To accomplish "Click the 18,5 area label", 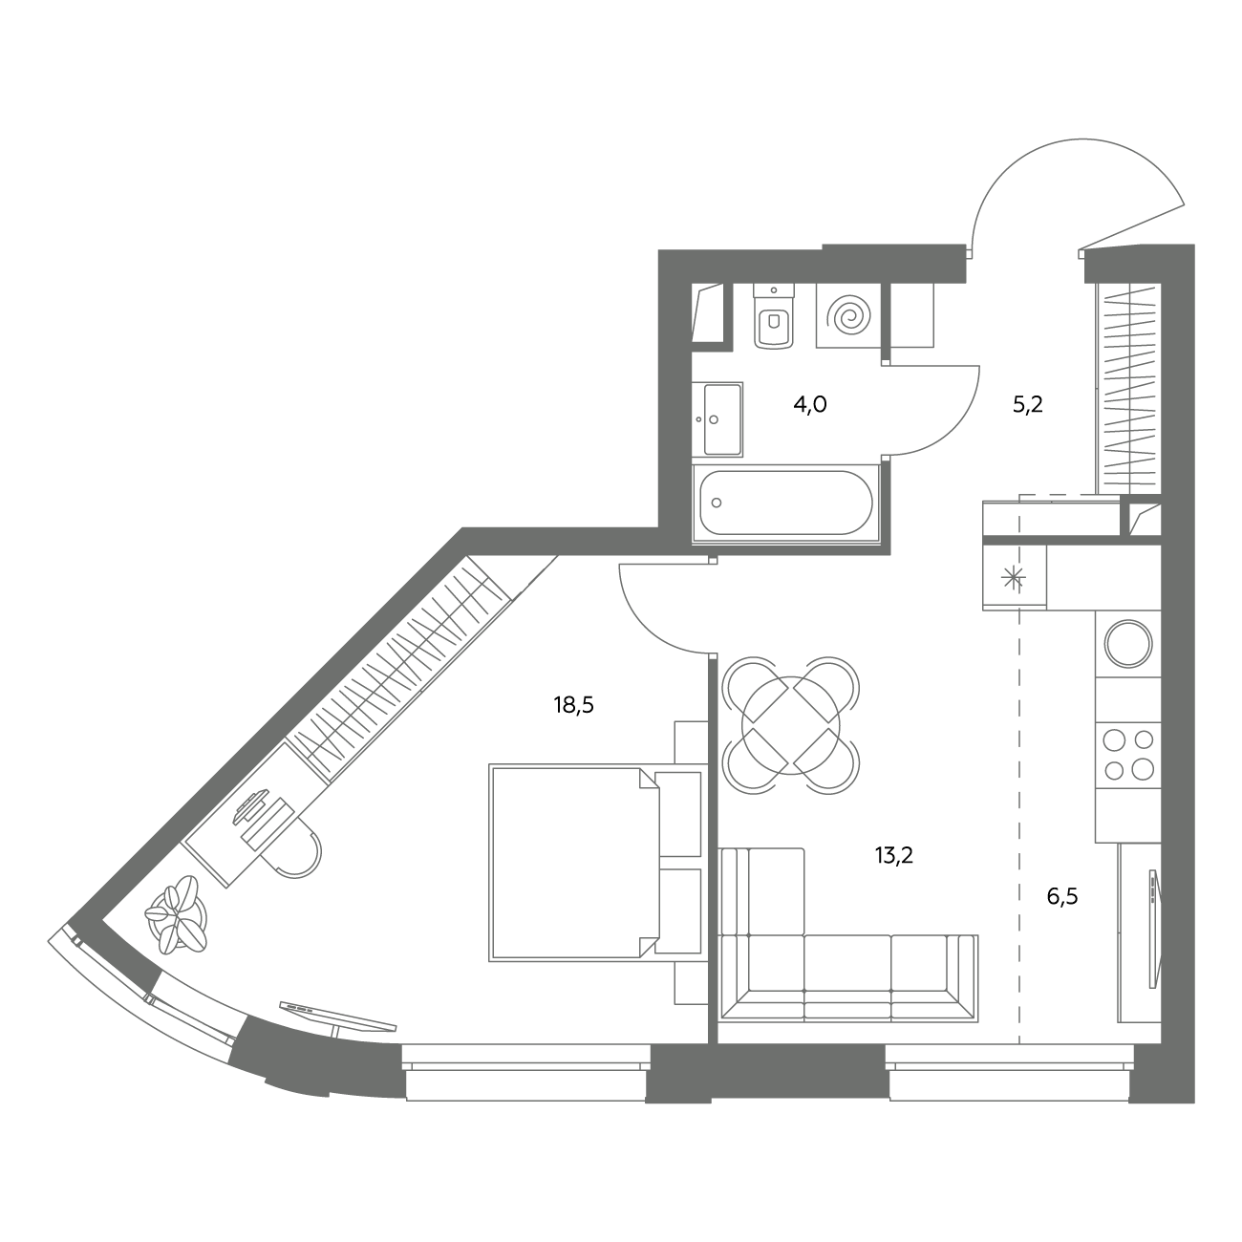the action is pos(573,706).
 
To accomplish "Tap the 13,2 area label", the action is pos(894,856).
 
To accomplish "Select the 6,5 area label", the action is pos(1062,896).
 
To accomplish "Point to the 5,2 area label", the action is pos(1027,405).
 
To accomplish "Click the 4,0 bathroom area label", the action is pos(810,405).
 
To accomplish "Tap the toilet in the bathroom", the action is pos(774,317).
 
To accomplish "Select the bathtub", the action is pos(785,503).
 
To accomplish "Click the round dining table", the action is pos(791,725).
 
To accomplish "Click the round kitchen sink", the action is pos(1128,643).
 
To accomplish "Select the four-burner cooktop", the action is pos(1128,756).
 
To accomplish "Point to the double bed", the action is pos(594,863).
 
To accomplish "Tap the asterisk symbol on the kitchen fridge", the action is pos(1014,578).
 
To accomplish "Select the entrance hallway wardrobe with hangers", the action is pos(1128,389).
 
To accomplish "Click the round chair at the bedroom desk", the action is pos(298,852).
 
